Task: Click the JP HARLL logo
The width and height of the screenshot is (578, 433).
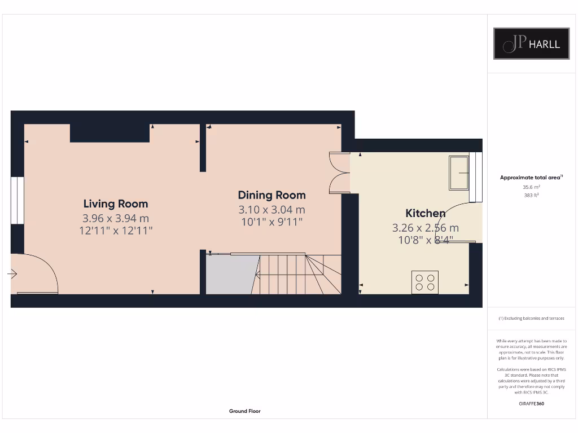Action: [x=531, y=43]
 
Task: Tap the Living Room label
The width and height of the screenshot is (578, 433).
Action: [x=116, y=204]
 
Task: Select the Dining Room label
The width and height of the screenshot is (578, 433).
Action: [x=272, y=195]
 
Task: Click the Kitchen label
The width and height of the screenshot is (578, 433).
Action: [x=425, y=213]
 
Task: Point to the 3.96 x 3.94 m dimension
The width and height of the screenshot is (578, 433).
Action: [x=116, y=218]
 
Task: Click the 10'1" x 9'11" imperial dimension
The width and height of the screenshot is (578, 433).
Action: [x=272, y=222]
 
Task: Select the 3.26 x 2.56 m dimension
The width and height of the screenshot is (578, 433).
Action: [x=425, y=228]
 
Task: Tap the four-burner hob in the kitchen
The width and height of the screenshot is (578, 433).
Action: [x=425, y=282]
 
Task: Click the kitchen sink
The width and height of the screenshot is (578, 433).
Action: [x=458, y=173]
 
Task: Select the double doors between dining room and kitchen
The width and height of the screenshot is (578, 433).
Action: [x=339, y=173]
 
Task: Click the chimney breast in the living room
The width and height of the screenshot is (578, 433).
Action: [x=110, y=133]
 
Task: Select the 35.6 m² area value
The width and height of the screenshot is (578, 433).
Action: [x=531, y=187]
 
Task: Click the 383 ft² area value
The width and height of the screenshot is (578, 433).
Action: [x=531, y=195]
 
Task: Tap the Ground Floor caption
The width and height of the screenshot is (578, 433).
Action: [x=244, y=412]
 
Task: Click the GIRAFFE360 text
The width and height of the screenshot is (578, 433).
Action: [x=531, y=404]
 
